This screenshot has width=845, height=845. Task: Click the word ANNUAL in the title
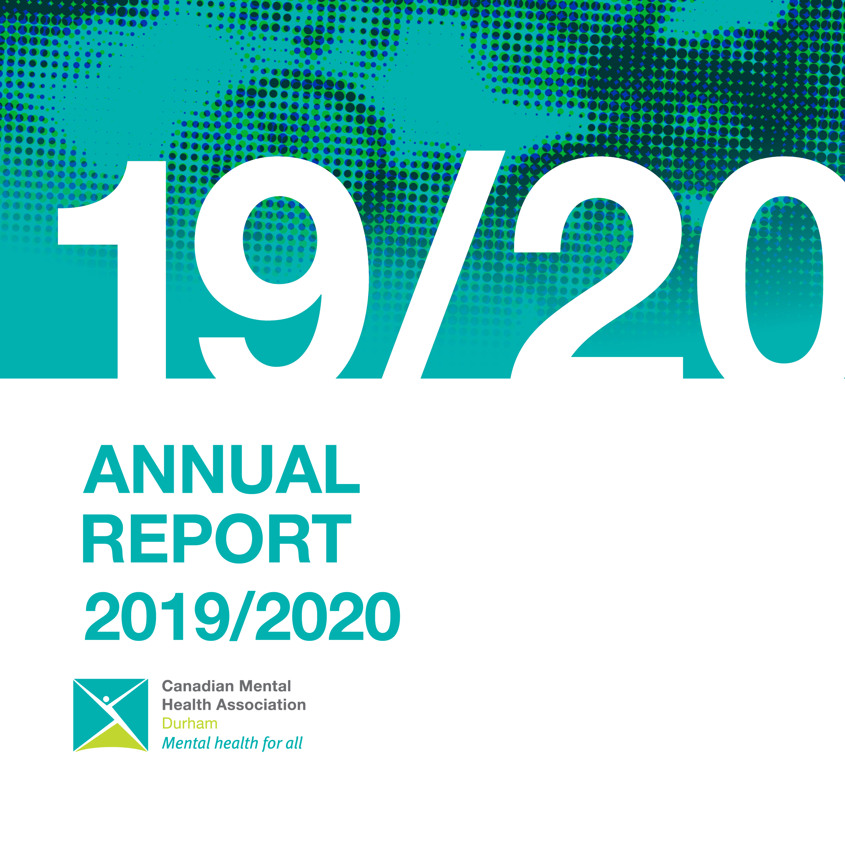pos(221,469)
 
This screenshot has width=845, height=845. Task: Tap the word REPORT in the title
pos(217,538)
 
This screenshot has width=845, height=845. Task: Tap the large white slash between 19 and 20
pos(443,265)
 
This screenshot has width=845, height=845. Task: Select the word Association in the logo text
pos(262,705)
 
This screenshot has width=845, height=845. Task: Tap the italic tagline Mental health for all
pos(232,743)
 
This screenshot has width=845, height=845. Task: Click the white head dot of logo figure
pos(106,699)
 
